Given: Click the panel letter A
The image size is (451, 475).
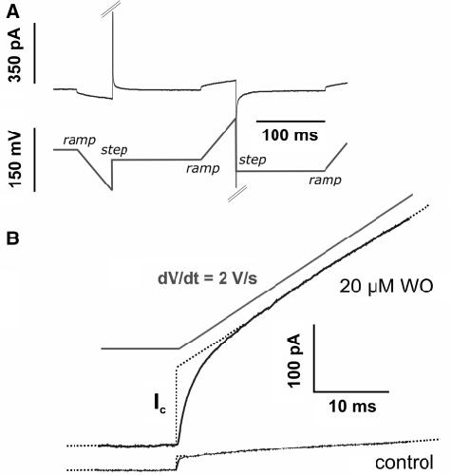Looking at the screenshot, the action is [x=13, y=12].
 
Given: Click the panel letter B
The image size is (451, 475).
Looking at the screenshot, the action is [x=12, y=238].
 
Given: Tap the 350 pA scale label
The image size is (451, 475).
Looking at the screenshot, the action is [x=15, y=55].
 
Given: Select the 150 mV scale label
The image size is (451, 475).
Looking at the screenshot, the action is [x=15, y=160].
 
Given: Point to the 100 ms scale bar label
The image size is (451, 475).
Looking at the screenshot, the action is [x=290, y=135].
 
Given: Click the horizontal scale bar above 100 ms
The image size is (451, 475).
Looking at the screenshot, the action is [x=291, y=121].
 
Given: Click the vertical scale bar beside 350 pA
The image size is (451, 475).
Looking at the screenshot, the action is [x=34, y=53].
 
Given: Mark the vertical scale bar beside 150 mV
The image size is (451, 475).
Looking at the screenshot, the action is [x=34, y=160].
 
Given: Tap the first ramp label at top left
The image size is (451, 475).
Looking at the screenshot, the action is [x=80, y=141].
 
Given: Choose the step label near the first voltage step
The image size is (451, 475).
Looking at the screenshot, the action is [x=114, y=150].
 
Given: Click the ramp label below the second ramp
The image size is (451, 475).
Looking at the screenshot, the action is [x=203, y=168].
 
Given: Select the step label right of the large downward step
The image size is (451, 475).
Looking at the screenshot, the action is [x=253, y=160].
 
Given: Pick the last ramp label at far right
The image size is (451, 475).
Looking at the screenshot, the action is [x=326, y=180].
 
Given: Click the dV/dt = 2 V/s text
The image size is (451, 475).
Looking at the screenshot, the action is [x=208, y=279].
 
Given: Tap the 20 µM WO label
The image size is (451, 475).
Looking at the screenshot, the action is [x=386, y=288].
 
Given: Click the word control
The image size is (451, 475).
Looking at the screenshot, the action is [x=404, y=463].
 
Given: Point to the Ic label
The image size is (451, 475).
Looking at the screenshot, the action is [x=160, y=405].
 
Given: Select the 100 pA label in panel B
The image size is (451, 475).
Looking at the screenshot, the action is [x=293, y=360].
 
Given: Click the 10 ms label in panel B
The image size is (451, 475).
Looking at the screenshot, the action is [x=352, y=406].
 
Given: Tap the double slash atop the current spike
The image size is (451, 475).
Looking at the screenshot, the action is [x=111, y=9].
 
